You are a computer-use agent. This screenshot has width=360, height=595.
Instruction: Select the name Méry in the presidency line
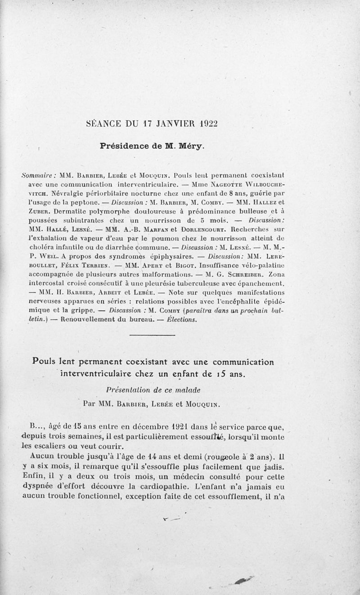pos(191,146)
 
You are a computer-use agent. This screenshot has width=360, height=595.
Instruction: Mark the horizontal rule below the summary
pos(152,336)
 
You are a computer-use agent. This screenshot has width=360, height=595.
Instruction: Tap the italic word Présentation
pos(129,389)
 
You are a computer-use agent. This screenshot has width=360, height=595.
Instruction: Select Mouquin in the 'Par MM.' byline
pos(201,404)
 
